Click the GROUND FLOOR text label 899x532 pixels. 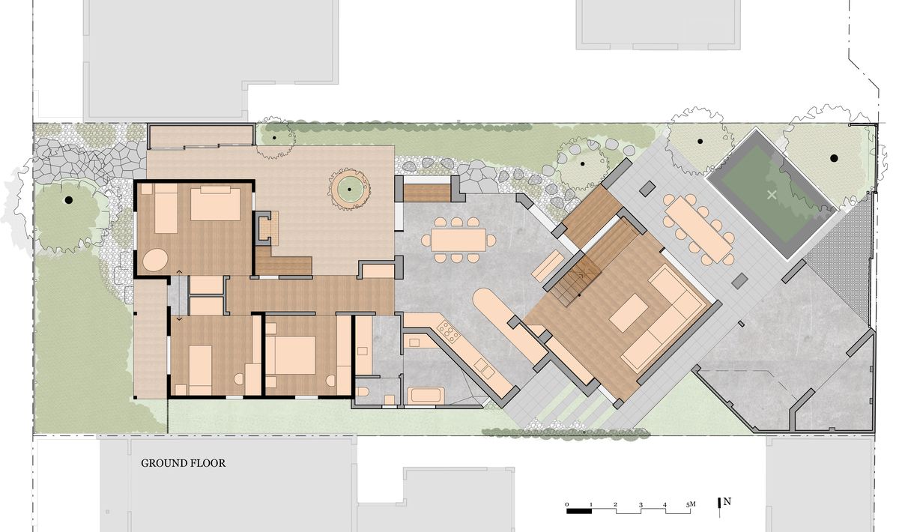pos(183,463)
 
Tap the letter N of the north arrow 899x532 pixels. pos(727,501)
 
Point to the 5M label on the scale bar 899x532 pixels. pos(690,504)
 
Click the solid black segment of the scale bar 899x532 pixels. pos(579,511)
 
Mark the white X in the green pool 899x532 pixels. pos(772,195)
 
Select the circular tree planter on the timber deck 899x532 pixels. pos(349,189)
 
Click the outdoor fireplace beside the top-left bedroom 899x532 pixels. pos(266,228)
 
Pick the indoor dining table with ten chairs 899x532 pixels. pos(458,240)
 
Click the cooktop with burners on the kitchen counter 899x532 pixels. pos(448,332)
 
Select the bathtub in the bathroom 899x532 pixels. pos(426,395)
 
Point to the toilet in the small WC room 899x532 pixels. pos(363,391)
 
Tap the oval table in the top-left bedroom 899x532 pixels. pos(155,260)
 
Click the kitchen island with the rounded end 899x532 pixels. pos(509,324)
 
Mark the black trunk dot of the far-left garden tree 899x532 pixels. pos(69,199)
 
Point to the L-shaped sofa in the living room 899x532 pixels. pos(662,317)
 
